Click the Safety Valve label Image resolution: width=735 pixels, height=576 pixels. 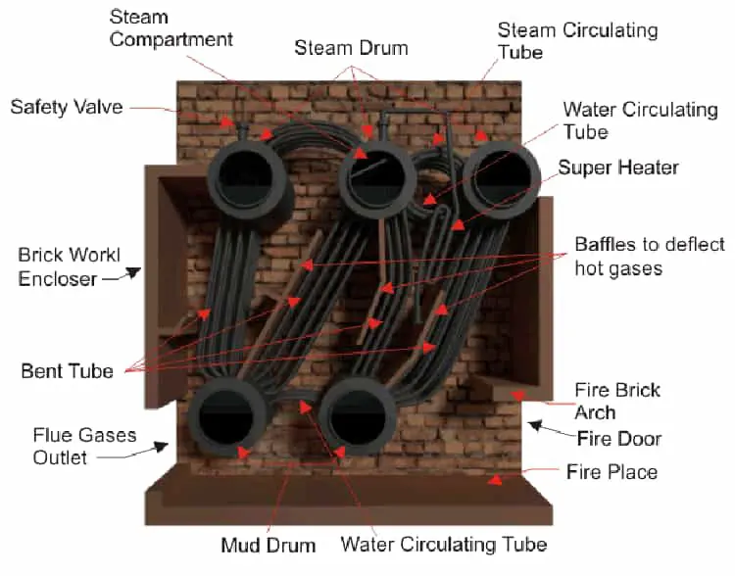tap(67, 106)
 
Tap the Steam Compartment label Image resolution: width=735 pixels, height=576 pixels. tap(171, 28)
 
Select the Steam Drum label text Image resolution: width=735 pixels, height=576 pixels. tap(352, 48)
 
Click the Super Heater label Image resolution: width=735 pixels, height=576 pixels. tap(618, 168)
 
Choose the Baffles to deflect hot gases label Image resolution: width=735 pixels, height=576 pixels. tap(650, 256)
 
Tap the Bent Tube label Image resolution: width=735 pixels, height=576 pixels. tap(67, 371)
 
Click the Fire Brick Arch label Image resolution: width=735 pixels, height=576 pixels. tap(617, 401)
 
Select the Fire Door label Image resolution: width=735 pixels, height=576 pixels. tap(618, 438)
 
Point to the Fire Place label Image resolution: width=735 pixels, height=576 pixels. tap(612, 472)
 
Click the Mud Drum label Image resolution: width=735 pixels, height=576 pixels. tap(268, 545)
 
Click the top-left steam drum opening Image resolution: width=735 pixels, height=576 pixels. tap(246, 176)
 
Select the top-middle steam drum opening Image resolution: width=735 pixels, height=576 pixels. tap(376, 177)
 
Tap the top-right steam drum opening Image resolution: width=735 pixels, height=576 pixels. tap(502, 177)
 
